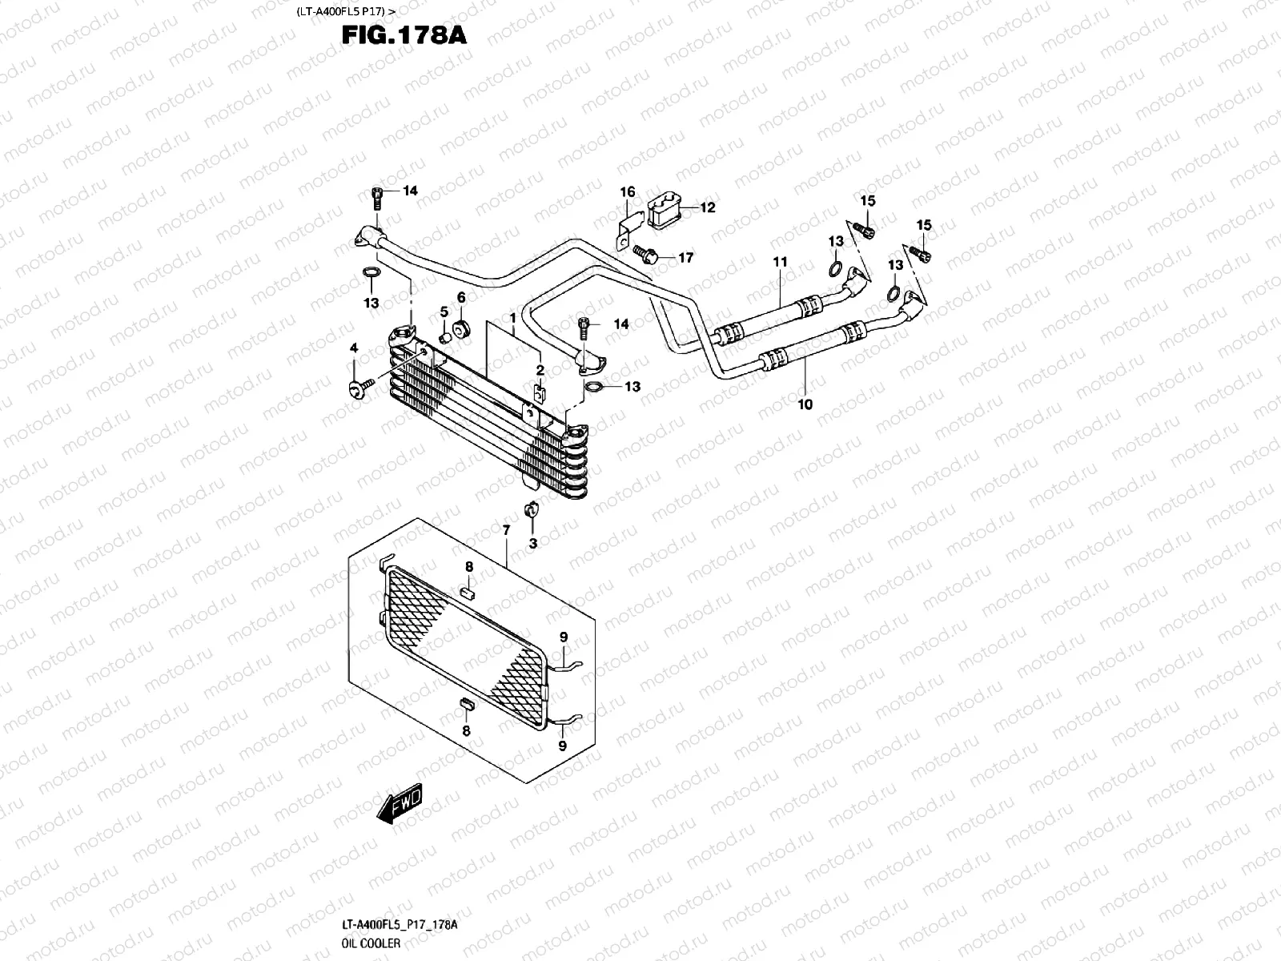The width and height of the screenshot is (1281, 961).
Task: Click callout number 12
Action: (x=708, y=208)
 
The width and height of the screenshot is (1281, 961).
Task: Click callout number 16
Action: (x=628, y=192)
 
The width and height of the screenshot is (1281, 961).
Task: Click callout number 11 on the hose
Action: (x=781, y=262)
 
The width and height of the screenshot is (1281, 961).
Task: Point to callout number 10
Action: (x=805, y=404)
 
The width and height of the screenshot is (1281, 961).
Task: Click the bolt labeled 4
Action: (x=356, y=388)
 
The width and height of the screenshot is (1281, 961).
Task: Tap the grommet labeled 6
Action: (x=462, y=328)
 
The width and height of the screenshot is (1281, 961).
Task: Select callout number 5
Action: (x=444, y=311)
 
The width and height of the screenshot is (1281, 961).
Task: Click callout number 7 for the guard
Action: (x=506, y=530)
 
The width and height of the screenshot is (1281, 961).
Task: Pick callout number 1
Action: (x=512, y=318)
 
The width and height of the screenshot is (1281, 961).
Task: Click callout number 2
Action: (x=540, y=370)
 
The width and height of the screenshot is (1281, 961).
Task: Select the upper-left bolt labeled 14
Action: (x=377, y=196)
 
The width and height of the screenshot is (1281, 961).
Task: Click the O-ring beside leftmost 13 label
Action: (x=371, y=274)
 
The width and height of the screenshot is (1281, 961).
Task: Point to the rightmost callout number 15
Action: (x=924, y=225)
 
